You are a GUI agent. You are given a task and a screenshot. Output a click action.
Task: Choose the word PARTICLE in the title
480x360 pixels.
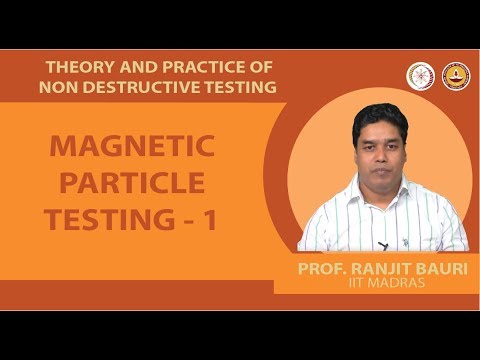pyautogui.click(x=132, y=183)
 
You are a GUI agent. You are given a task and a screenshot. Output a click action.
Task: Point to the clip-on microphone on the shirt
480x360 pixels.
pyautogui.click(x=382, y=245)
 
